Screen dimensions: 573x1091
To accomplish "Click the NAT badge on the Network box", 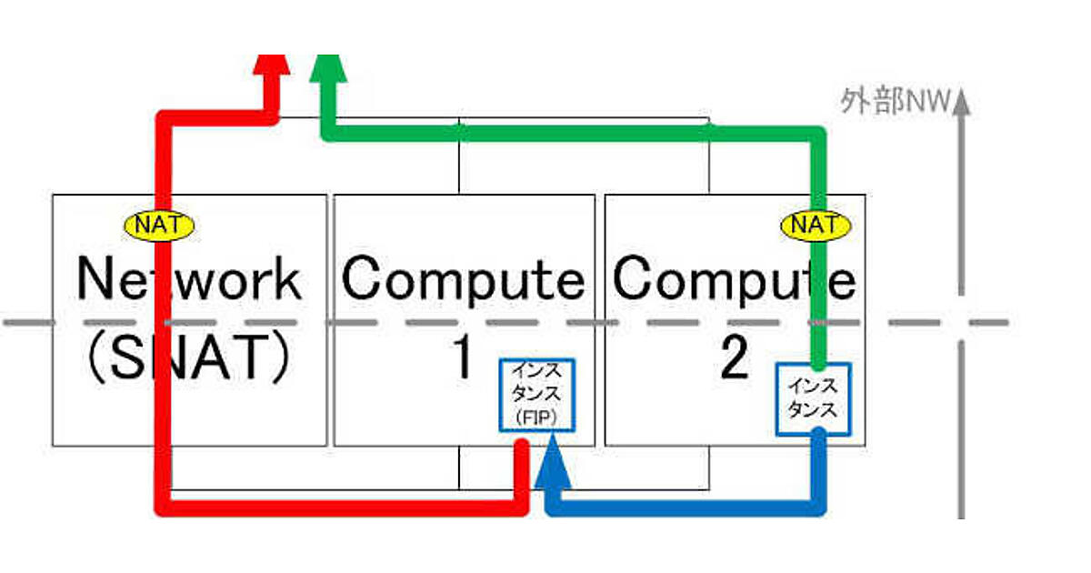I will coord(157,224).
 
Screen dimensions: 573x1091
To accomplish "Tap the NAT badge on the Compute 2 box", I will coord(816,224).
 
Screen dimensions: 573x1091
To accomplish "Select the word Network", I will coord(188,278).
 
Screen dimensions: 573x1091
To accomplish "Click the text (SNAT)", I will coord(188,359).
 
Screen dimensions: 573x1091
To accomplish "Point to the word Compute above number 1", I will coord(463,278).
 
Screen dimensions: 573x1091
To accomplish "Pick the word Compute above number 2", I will coord(734,278).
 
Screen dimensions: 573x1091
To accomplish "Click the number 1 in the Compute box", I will coord(463,359).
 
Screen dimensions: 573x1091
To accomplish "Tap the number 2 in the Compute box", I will coord(734,359).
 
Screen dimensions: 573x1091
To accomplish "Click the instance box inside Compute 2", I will coord(813,398).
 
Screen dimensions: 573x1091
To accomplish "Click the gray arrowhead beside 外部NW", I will coord(963,102).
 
